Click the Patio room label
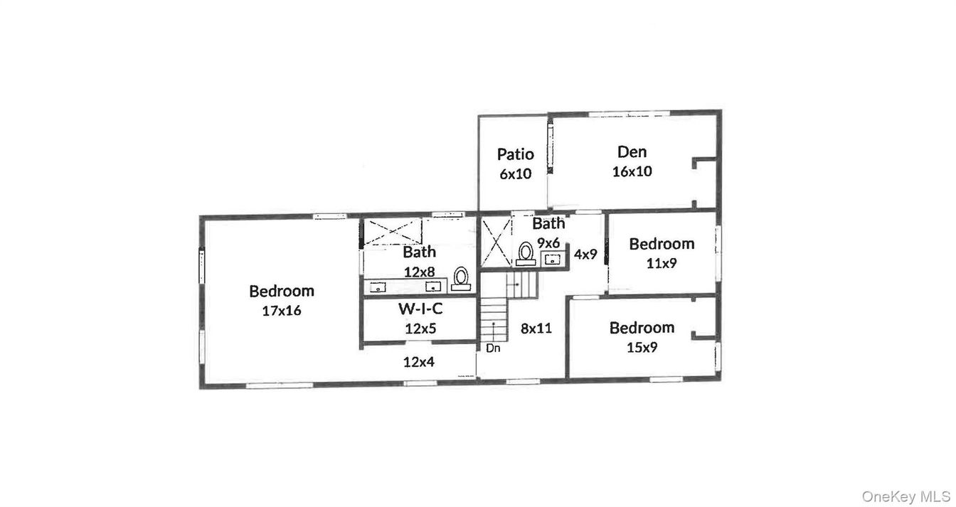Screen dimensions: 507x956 [515, 154]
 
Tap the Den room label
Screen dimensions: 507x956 [632, 151]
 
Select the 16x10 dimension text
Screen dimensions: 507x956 [632, 171]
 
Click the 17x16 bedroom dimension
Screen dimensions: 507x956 [281, 311]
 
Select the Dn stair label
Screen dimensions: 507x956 [493, 348]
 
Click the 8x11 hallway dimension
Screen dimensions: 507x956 [536, 328]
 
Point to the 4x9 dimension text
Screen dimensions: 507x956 [585, 254]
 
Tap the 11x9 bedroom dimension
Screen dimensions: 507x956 [662, 263]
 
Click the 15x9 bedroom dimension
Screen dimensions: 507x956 [642, 348]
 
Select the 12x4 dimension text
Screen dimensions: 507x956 [418, 362]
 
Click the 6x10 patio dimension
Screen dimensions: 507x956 [515, 174]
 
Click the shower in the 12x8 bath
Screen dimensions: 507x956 [392, 231]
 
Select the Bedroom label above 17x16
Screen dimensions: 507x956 [281, 291]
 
